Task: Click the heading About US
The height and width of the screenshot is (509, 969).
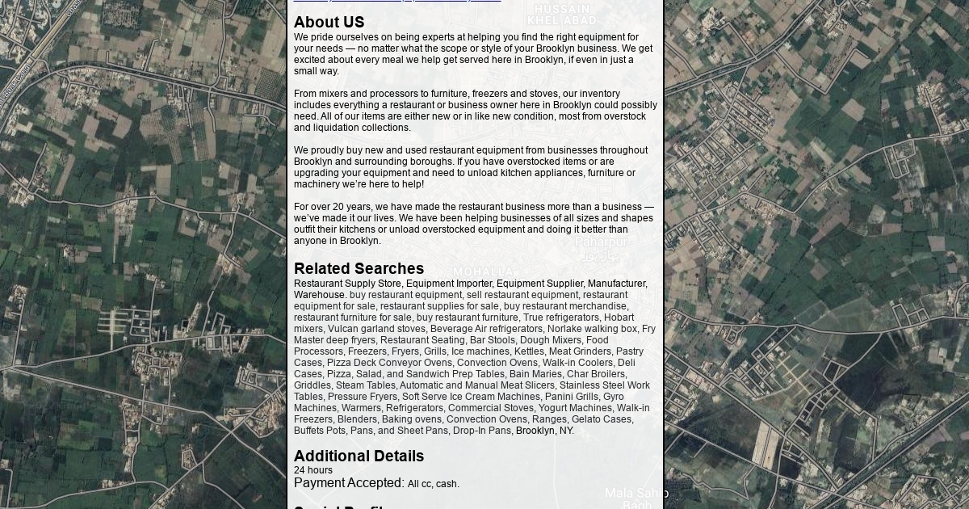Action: click(x=329, y=23)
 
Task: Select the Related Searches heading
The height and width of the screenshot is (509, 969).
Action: click(x=359, y=268)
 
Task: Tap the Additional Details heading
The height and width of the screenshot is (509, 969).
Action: click(x=359, y=456)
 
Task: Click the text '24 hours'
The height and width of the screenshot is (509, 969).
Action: click(x=313, y=470)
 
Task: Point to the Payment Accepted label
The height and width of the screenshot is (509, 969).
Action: click(x=349, y=483)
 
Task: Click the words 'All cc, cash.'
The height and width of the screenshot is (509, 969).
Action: click(x=434, y=484)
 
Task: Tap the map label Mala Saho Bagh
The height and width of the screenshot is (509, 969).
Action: click(x=636, y=498)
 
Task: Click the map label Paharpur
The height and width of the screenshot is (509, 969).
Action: click(x=601, y=242)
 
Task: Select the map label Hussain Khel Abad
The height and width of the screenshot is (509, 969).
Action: click(x=564, y=14)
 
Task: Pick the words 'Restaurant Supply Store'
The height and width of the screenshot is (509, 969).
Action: click(x=347, y=284)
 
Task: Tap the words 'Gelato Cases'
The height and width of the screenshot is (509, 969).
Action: click(x=602, y=419)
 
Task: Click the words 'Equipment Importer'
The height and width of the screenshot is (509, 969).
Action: click(x=448, y=284)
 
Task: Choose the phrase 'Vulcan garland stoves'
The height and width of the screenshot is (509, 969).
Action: click(x=376, y=329)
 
